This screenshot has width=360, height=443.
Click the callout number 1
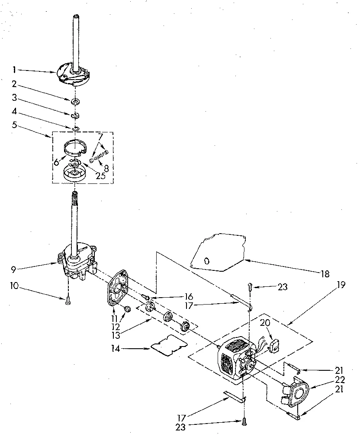tap(14, 69)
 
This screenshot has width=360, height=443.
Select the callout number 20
tap(266, 323)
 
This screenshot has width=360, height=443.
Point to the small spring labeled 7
tap(100, 155)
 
